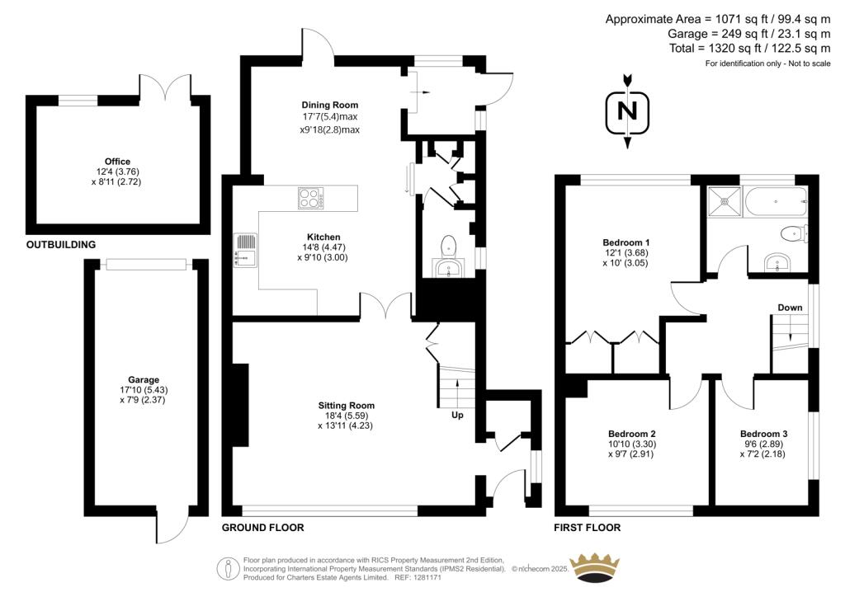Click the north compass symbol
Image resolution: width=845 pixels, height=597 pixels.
click(628, 111)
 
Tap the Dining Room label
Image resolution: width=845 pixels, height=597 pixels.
click(329, 105)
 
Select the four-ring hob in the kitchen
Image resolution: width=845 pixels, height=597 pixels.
click(311, 198)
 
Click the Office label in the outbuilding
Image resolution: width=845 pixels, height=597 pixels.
click(117, 162)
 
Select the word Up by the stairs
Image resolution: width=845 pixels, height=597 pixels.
click(456, 415)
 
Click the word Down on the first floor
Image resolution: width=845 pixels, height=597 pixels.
click(790, 308)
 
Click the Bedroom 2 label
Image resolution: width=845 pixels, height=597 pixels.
click(632, 434)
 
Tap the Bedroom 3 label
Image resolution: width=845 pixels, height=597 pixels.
click(763, 434)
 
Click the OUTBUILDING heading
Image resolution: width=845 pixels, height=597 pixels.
click(61, 245)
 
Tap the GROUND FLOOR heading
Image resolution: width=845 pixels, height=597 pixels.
click(263, 528)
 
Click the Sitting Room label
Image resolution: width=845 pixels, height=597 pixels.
click(347, 406)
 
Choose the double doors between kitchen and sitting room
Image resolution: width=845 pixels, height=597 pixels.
click(385, 307)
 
